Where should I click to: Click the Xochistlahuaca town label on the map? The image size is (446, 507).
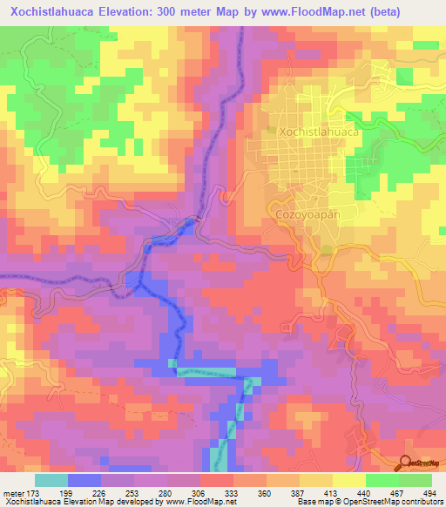(319, 132)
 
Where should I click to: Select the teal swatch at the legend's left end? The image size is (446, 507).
(51, 480)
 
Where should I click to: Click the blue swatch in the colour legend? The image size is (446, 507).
(84, 480)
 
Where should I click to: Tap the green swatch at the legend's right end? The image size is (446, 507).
(416, 480)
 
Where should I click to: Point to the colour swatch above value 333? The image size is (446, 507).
(217, 480)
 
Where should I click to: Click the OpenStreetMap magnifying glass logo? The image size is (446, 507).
(407, 462)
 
